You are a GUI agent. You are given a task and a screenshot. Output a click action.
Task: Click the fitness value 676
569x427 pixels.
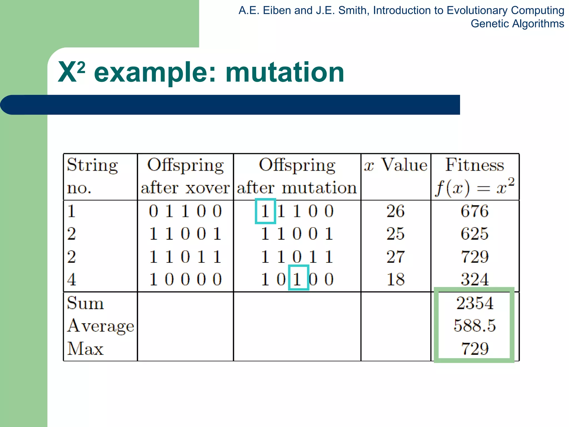[x=475, y=211]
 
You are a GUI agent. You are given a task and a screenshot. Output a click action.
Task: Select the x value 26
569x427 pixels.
[x=395, y=211]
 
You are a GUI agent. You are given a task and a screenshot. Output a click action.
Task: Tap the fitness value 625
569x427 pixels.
[x=475, y=234]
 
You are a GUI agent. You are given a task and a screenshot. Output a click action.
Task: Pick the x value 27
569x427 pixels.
[x=395, y=256]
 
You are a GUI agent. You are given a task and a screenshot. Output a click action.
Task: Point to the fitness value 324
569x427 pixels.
[x=475, y=279]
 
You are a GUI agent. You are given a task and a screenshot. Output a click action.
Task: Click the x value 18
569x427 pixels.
[x=395, y=279]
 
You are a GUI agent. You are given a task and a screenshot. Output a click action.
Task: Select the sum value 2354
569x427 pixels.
[x=475, y=303]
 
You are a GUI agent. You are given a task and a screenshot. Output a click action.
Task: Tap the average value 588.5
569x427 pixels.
[x=475, y=326]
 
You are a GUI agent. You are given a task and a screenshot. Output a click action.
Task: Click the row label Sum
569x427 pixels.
[x=85, y=303]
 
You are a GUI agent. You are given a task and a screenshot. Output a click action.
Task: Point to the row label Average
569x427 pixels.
[x=101, y=326]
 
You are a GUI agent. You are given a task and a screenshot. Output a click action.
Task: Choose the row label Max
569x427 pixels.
[x=85, y=349]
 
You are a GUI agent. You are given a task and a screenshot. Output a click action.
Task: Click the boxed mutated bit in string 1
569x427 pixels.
[x=265, y=211]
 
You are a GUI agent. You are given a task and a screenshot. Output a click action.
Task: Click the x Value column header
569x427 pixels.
[x=395, y=165]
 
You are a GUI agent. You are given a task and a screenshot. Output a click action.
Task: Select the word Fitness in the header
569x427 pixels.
[x=475, y=165]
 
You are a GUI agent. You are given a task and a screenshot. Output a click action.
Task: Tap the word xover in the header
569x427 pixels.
[x=208, y=188]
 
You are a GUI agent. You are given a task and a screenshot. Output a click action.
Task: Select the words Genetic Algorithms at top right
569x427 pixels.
[x=517, y=24]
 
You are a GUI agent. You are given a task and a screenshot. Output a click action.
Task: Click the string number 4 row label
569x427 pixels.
[x=71, y=279]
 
